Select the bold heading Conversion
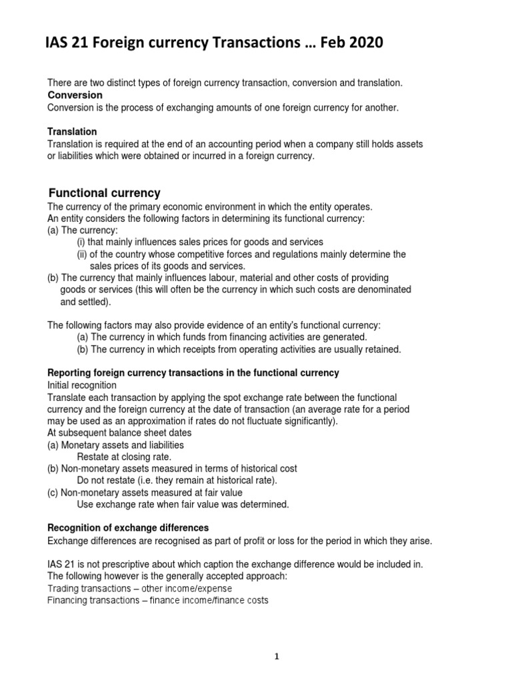[x=75, y=95]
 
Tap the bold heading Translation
[x=72, y=132]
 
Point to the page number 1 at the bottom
[x=277, y=637]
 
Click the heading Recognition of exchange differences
[x=128, y=527]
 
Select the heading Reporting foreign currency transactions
[x=193, y=373]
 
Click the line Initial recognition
[x=81, y=385]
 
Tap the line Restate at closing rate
[x=124, y=457]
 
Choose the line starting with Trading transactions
[x=140, y=589]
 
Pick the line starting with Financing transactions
[x=158, y=600]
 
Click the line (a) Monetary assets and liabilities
[x=115, y=445]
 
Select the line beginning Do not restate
[x=177, y=481]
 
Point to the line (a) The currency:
[x=79, y=230]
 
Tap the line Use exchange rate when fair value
[x=183, y=504]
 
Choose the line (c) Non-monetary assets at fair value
[x=145, y=493]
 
